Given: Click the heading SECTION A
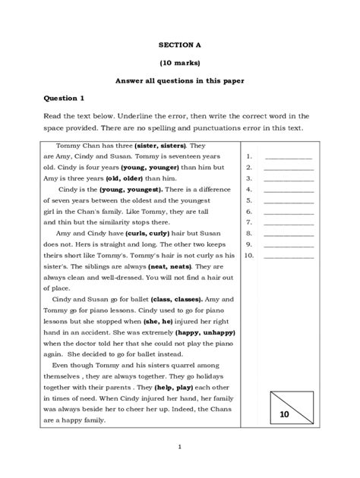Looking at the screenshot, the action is click(x=179, y=45).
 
